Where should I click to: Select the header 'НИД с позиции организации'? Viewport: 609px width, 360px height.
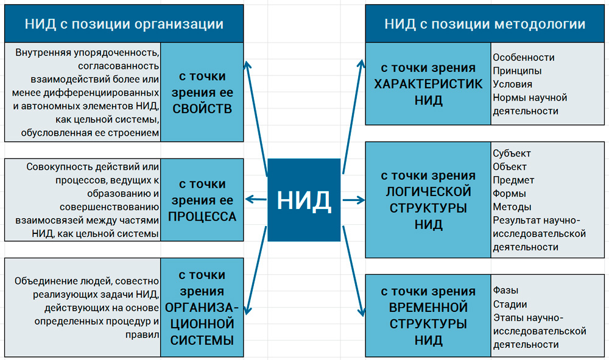pos(124,24)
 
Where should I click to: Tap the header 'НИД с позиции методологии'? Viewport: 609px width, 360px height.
pos(485,24)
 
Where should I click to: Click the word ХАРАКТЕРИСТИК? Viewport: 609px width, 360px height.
pos(428,84)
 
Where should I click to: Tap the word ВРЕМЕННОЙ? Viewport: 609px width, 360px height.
pos(428,307)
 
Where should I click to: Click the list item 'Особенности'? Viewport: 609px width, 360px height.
pos(524,57)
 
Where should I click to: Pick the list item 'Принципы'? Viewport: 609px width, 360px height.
pos(518,71)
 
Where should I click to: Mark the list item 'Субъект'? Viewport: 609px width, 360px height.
pos(512,153)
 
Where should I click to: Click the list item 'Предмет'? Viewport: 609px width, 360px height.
pos(513,180)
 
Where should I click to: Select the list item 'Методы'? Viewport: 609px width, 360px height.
pos(512,206)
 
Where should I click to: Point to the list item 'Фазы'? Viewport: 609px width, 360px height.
pos(505,291)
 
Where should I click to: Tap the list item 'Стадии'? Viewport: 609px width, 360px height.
pos(510,304)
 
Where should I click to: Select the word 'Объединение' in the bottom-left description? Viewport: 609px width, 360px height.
pos(46,281)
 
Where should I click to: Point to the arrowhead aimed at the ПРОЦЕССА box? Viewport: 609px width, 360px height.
pos(248,198)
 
